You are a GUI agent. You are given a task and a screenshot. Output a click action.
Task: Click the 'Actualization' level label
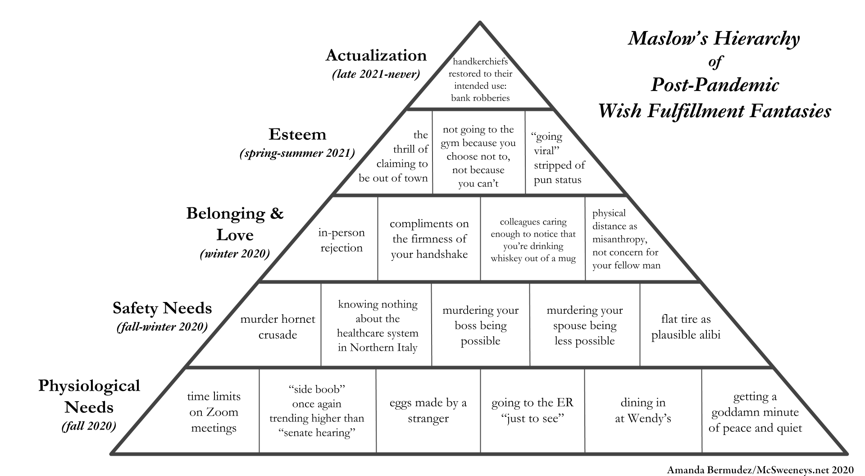[x=376, y=55]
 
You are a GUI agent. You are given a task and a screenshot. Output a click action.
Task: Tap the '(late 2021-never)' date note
[x=376, y=74]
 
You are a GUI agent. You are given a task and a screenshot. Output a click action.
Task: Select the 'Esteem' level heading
[x=297, y=134]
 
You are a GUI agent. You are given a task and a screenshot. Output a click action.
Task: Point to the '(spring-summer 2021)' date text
[x=297, y=153]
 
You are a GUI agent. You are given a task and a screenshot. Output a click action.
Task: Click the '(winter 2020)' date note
[x=235, y=254]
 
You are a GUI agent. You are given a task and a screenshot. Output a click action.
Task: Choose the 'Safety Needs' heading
[x=162, y=308]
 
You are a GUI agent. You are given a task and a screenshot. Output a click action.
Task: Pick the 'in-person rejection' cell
[x=341, y=240]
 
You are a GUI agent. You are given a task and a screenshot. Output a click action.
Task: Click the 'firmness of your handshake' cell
[x=429, y=239]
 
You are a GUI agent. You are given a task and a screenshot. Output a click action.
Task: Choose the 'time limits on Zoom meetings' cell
[x=214, y=412]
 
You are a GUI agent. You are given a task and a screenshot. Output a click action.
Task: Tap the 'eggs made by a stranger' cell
[x=428, y=410]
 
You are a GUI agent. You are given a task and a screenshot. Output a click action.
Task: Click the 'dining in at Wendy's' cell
[x=643, y=410]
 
